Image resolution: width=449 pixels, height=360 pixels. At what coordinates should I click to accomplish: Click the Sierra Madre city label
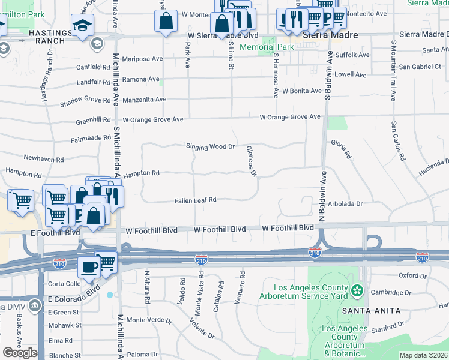[x=330, y=35]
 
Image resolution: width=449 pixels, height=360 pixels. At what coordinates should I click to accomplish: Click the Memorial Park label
[x=267, y=47]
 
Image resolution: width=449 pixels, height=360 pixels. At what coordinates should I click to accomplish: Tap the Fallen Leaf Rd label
[x=195, y=200]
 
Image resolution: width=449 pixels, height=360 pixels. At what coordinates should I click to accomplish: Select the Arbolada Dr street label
[x=346, y=204]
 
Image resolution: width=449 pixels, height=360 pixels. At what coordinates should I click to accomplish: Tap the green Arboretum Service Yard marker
[x=358, y=291]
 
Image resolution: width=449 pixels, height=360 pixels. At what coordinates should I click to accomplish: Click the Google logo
[x=20, y=353]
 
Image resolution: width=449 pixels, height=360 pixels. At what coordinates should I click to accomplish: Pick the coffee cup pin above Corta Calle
[x=89, y=266]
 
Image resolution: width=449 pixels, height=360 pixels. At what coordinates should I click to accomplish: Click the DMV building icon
[x=35, y=307]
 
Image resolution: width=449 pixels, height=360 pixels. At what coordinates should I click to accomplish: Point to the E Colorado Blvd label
[x=70, y=293]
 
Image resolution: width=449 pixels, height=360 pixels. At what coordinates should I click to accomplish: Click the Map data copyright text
[x=423, y=355]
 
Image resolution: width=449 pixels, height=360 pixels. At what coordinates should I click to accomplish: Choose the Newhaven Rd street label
[x=43, y=159]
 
